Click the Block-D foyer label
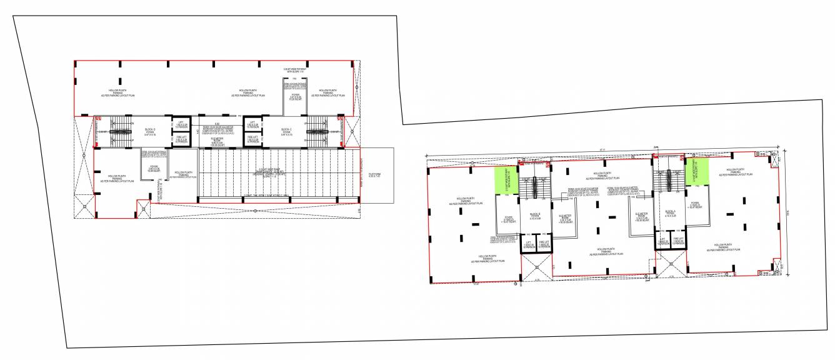tap(150, 132)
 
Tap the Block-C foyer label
tap(286, 132)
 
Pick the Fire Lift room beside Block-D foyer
tap(181, 139)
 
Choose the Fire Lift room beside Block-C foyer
tap(252, 139)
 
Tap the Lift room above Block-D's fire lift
tap(181, 124)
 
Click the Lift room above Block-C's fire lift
tap(252, 124)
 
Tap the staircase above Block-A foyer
tap(667, 178)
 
